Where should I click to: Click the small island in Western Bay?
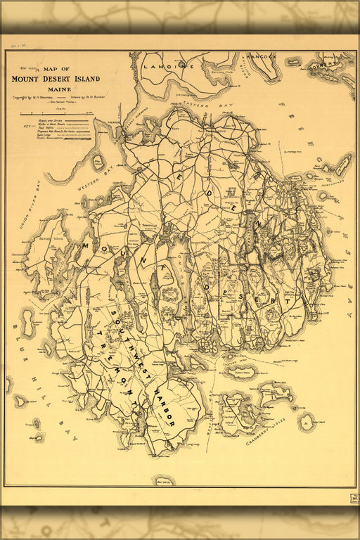[97, 162]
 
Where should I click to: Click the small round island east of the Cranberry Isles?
[307, 422]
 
